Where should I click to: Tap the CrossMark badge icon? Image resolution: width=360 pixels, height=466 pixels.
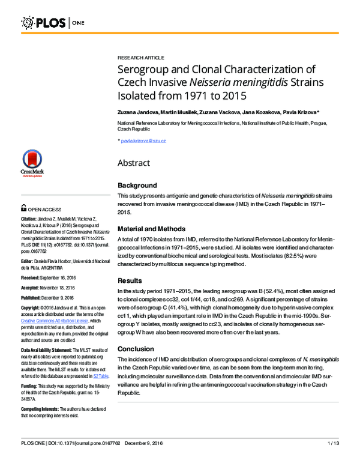[x=32, y=163]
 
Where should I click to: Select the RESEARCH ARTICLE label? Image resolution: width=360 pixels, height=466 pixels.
[x=140, y=58]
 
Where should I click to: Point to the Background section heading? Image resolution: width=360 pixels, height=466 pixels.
[x=137, y=186]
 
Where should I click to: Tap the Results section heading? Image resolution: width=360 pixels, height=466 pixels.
[x=130, y=280]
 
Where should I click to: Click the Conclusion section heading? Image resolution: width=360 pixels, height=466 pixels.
[x=136, y=349]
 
